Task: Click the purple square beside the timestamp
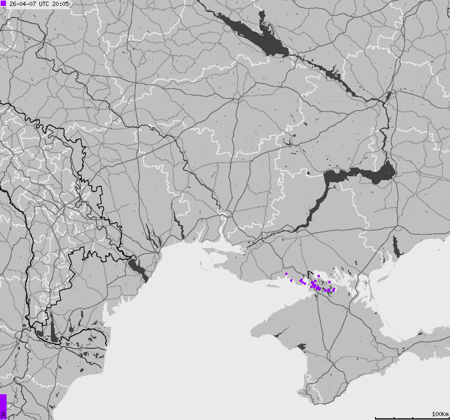click(x=3, y=3)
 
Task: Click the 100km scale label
click(x=440, y=413)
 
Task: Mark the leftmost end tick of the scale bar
click(x=376, y=418)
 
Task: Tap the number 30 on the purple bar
click(x=3, y=414)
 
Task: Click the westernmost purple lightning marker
click(x=286, y=273)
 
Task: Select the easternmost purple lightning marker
click(x=334, y=289)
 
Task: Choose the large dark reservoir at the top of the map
click(x=257, y=34)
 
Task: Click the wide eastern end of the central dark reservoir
click(x=383, y=174)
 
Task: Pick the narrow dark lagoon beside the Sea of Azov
click(x=396, y=246)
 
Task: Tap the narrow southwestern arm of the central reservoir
click(x=312, y=211)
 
